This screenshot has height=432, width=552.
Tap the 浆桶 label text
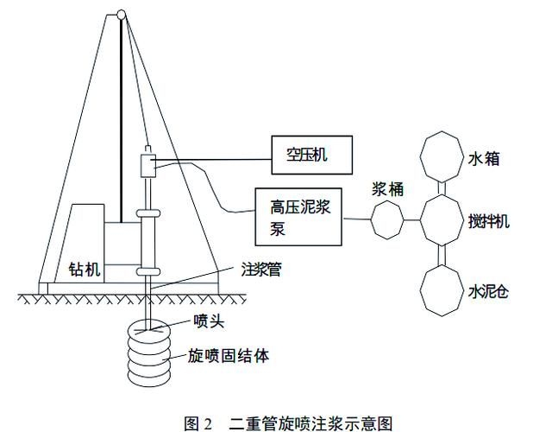(386, 190)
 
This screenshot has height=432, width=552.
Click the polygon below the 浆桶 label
(386, 223)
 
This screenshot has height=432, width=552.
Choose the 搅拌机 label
(490, 221)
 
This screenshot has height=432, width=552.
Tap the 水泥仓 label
(490, 289)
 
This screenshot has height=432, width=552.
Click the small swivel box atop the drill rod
(147, 162)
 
